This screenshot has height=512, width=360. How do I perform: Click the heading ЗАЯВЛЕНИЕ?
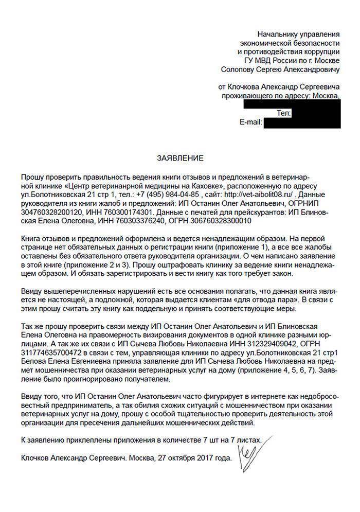click(180, 158)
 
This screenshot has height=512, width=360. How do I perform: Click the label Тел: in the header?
click(284, 112)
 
